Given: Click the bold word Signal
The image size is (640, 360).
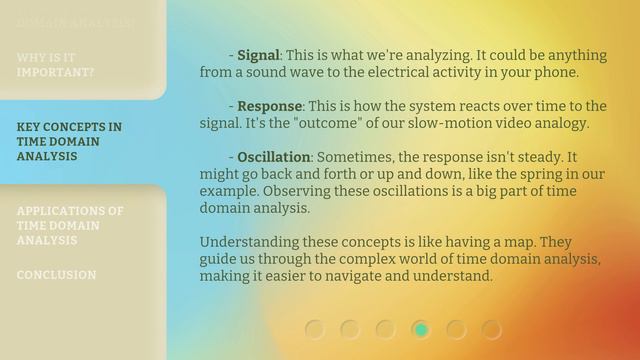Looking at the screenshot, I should click(258, 55).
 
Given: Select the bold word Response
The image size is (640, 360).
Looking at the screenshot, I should click(269, 106).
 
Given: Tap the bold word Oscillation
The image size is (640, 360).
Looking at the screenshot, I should click(274, 158).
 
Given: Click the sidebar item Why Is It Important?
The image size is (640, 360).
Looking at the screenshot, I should click(56, 65).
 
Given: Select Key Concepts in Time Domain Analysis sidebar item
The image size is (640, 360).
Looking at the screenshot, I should click(70, 141).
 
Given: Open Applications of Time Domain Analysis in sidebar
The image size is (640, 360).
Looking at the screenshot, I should click(70, 225).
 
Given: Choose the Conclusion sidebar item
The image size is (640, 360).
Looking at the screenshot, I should click(56, 274).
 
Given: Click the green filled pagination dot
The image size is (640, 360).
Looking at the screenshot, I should click(421, 329).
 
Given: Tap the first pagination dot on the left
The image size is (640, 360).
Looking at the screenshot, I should click(315, 329).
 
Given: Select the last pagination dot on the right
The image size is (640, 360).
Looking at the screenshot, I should click(491, 329).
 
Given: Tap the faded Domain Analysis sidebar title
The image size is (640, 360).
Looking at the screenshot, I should click(75, 21).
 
